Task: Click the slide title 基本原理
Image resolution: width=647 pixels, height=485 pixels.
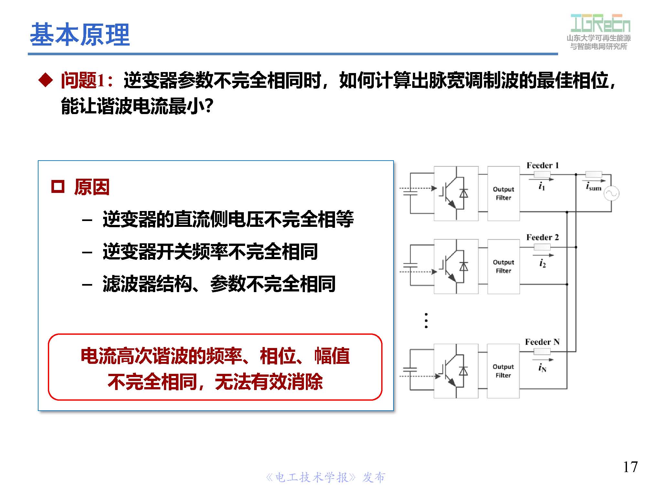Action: pos(80,35)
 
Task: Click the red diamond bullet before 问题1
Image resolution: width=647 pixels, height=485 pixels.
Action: pos(46,80)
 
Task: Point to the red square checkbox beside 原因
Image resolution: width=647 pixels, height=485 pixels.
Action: pos(58,187)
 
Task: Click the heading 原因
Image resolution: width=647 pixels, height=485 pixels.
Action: pos(92,187)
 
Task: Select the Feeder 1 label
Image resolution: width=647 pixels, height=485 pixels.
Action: pos(542,165)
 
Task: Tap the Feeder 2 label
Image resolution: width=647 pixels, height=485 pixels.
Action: pos(542,237)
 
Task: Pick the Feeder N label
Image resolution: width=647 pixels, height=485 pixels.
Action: pos(542,342)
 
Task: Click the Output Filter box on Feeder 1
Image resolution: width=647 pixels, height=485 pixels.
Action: pos(503,194)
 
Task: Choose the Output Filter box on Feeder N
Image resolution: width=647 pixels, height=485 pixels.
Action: pos(503,371)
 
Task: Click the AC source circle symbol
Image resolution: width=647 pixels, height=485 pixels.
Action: pos(611,194)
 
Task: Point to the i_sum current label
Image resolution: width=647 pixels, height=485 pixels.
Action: pos(593,187)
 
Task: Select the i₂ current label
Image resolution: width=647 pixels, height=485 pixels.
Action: pos(542,264)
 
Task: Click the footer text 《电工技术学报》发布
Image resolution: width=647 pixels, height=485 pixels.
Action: pos(325,477)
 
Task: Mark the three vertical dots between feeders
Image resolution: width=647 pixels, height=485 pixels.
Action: pos(426,321)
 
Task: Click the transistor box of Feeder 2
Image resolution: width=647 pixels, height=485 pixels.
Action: pos(456,267)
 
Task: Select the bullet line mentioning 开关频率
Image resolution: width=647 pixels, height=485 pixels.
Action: pos(210,252)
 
